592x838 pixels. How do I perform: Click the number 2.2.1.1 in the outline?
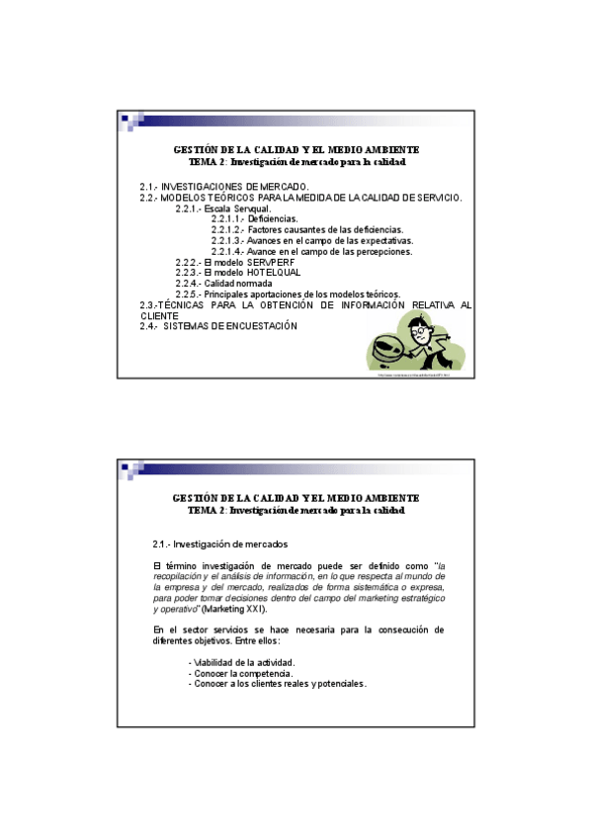click(x=227, y=218)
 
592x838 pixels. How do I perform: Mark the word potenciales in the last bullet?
click(x=339, y=683)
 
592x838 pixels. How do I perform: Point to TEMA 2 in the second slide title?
click(x=207, y=510)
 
